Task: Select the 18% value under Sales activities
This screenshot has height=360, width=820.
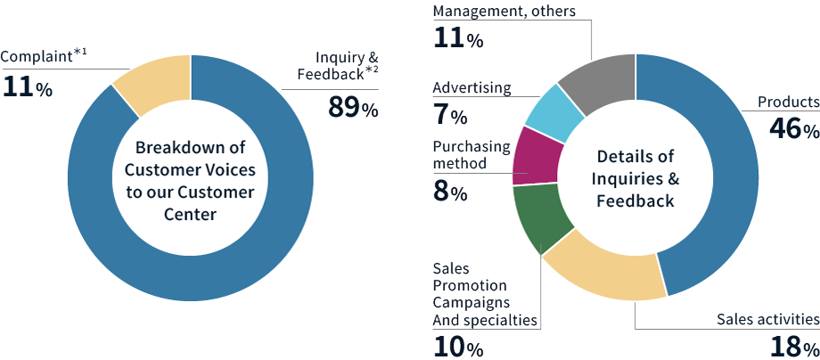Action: point(793,346)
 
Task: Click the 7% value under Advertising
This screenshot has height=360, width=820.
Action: point(450,115)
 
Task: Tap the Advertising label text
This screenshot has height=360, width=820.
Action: point(471,88)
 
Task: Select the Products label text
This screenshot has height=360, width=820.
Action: point(788,102)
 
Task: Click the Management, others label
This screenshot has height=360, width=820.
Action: point(504,11)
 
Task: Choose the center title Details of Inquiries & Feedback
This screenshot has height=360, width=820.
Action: point(635,178)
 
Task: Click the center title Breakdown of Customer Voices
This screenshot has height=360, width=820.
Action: point(190,178)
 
